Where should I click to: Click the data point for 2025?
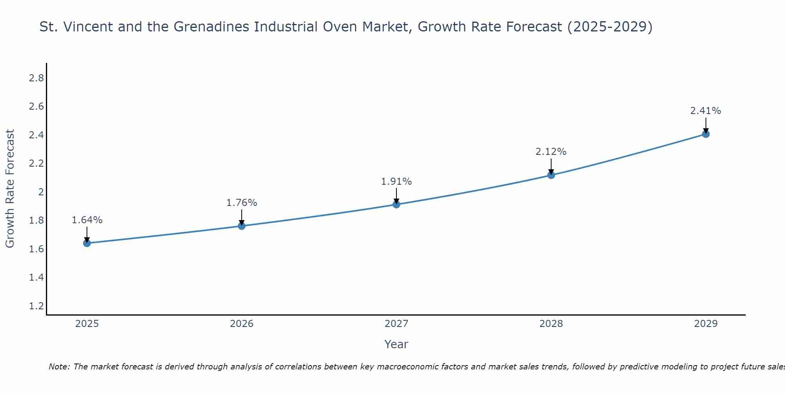[x=87, y=243]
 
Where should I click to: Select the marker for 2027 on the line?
[x=396, y=204]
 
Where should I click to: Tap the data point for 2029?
[x=706, y=134]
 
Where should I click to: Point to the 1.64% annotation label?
[x=87, y=220]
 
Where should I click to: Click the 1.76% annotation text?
[x=241, y=203]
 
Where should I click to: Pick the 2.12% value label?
[x=551, y=152]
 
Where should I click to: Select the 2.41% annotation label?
[x=705, y=111]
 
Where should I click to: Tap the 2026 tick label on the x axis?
[x=241, y=324]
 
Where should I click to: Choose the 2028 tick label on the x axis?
[x=551, y=324]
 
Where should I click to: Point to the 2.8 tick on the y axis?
[x=37, y=78]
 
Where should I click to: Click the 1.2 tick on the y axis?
[x=37, y=306]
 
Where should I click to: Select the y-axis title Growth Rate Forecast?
[x=10, y=189]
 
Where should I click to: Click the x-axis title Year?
[x=396, y=344]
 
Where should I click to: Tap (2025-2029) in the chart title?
[x=610, y=27]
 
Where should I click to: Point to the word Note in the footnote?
[x=59, y=367]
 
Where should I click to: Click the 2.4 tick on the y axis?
[x=37, y=135]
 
